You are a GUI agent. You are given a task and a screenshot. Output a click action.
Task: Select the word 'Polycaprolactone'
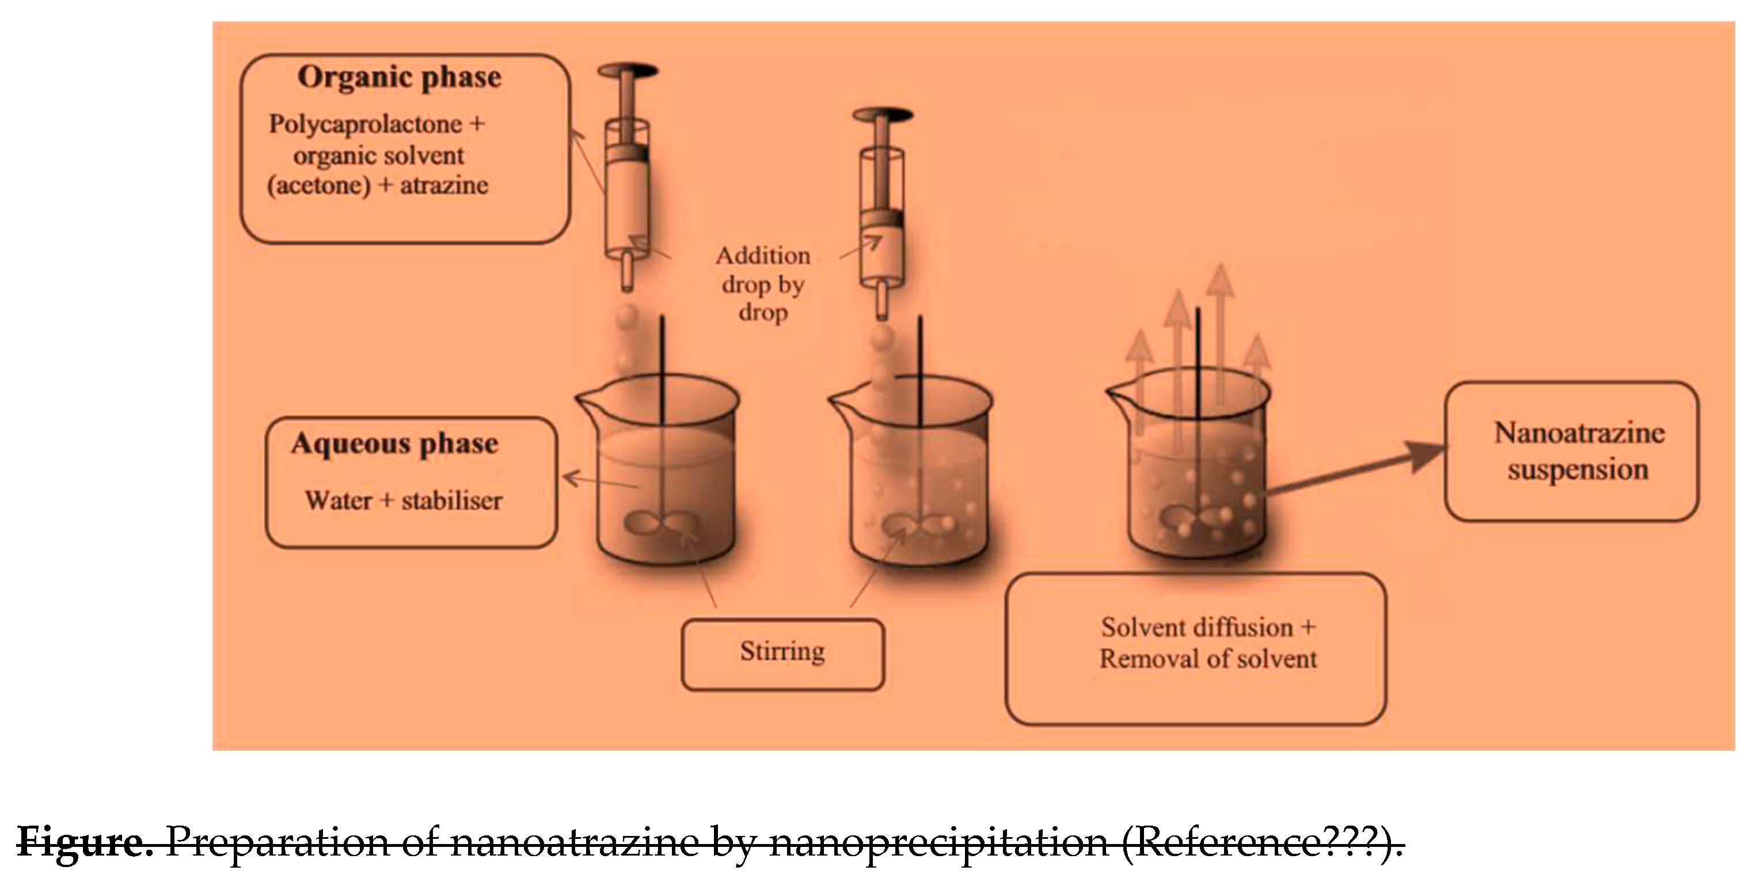(365, 124)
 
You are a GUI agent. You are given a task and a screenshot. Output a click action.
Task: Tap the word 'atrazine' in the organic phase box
(444, 185)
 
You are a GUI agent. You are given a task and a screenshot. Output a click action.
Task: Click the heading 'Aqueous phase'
(394, 444)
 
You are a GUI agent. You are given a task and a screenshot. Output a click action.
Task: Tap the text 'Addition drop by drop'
(763, 284)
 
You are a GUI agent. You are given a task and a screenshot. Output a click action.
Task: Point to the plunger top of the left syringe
(628, 70)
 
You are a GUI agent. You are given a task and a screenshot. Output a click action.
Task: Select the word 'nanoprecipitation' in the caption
(938, 842)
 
